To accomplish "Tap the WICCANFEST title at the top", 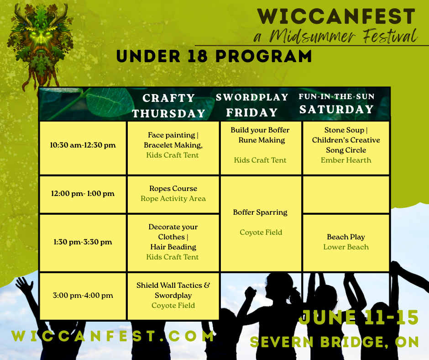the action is click(x=336, y=16).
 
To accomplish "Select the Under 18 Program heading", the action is click(x=214, y=56).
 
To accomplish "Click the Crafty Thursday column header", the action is click(x=169, y=106).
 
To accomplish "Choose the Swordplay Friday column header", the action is click(x=252, y=105).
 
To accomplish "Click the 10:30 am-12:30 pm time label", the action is click(x=83, y=145).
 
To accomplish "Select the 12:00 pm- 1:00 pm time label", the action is click(x=83, y=193).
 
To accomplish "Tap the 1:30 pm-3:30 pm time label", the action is click(x=83, y=242).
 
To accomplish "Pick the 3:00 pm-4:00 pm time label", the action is click(x=83, y=295).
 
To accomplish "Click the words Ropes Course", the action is click(x=173, y=189).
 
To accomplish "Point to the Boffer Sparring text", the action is click(x=260, y=212).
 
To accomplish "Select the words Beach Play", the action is click(x=346, y=237).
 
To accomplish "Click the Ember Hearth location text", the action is click(x=346, y=160).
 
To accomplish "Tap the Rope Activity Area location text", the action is click(x=173, y=199).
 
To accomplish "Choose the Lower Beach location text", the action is click(x=346, y=247).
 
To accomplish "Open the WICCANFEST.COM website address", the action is click(x=113, y=336).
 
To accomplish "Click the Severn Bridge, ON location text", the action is click(x=335, y=342).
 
